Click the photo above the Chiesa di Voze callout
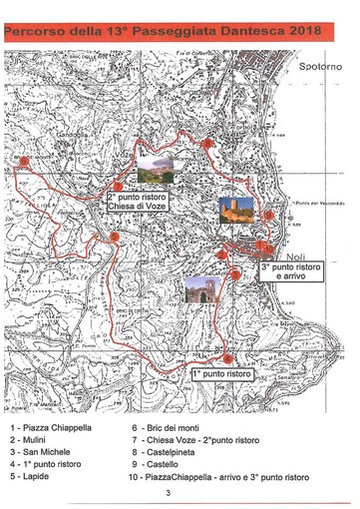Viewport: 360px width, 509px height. [x=154, y=168]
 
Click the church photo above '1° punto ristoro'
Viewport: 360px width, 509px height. [x=201, y=289]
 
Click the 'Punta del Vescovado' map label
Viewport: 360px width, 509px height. [x=318, y=203]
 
